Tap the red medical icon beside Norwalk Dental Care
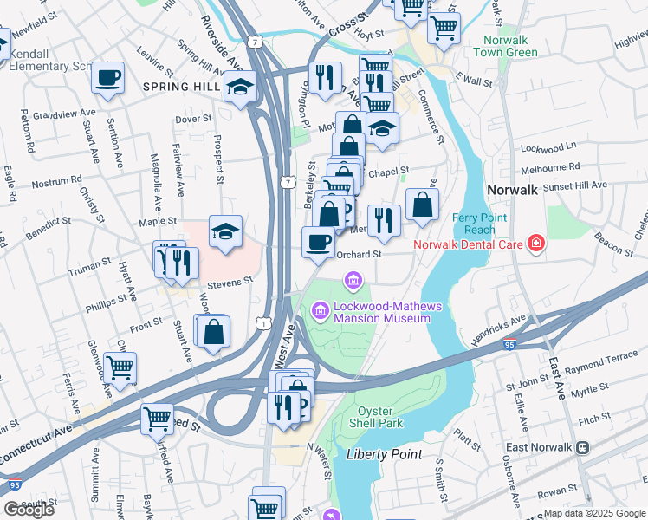(x=536, y=244)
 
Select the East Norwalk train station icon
(x=584, y=447)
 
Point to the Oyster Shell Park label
(x=381, y=417)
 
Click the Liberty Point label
(x=384, y=454)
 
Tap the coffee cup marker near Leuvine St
(x=108, y=77)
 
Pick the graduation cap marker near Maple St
(x=225, y=231)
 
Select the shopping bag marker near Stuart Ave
(x=213, y=330)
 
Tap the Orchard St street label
(x=359, y=254)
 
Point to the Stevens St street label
(x=229, y=281)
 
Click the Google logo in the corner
(x=29, y=510)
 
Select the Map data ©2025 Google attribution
(x=593, y=513)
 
